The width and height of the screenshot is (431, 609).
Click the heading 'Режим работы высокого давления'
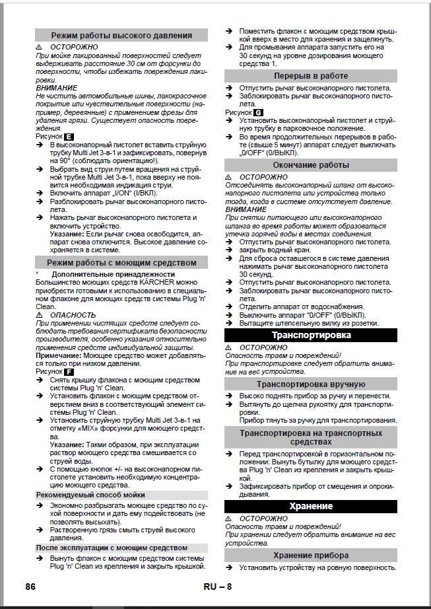pyautogui.click(x=121, y=35)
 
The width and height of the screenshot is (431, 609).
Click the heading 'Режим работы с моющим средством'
pyautogui.click(x=121, y=263)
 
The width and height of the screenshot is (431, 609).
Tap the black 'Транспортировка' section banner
pyautogui.click(x=311, y=336)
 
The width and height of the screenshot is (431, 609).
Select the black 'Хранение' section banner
pyautogui.click(x=311, y=506)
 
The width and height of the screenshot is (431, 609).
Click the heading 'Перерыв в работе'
pyautogui.click(x=311, y=77)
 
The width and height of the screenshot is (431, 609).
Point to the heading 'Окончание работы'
pyautogui.click(x=311, y=165)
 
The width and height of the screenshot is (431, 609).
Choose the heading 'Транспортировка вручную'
pyautogui.click(x=311, y=384)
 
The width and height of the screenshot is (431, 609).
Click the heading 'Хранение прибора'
pyautogui.click(x=311, y=555)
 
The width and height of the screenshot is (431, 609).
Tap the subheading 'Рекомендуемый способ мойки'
pyautogui.click(x=90, y=495)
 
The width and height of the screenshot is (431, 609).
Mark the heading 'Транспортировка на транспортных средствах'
pyautogui.click(x=311, y=437)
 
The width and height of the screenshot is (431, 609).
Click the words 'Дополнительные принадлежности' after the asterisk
pyautogui.click(x=104, y=274)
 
